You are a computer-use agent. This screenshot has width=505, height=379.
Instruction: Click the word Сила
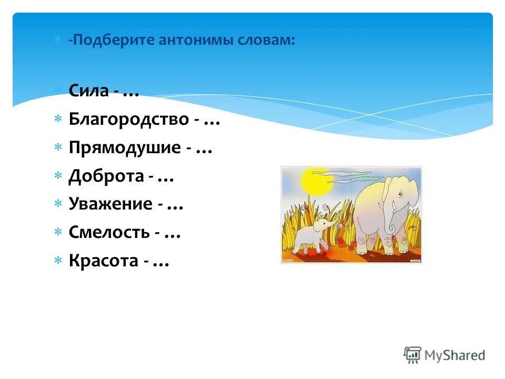pyautogui.click(x=88, y=91)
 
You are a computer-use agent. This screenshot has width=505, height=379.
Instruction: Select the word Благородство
pyautogui.click(x=128, y=119)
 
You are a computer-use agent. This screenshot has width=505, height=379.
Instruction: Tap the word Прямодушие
pyautogui.click(x=124, y=148)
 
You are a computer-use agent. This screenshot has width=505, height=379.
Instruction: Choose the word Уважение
pyautogui.click(x=110, y=204)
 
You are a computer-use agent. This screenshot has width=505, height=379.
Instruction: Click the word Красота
pyautogui.click(x=103, y=261)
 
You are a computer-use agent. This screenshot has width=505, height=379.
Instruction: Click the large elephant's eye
pyautogui.click(x=399, y=195)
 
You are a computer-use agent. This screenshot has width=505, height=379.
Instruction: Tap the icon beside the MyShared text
pyautogui.click(x=413, y=355)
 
